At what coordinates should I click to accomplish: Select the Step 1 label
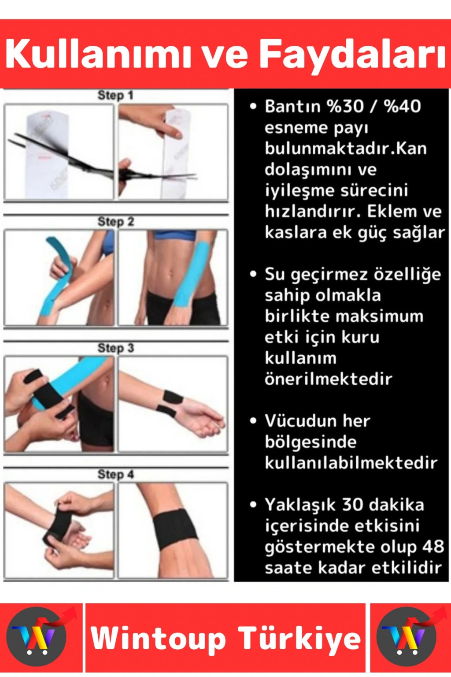(x=115, y=96)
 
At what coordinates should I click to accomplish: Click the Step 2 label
(x=116, y=222)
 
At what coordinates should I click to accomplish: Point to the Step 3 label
(x=116, y=348)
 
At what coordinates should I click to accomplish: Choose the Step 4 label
(x=116, y=475)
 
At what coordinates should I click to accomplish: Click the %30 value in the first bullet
(x=344, y=106)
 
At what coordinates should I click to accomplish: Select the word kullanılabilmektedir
(x=351, y=463)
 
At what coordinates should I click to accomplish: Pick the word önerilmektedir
(x=329, y=379)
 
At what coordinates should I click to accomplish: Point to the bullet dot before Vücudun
(x=253, y=421)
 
